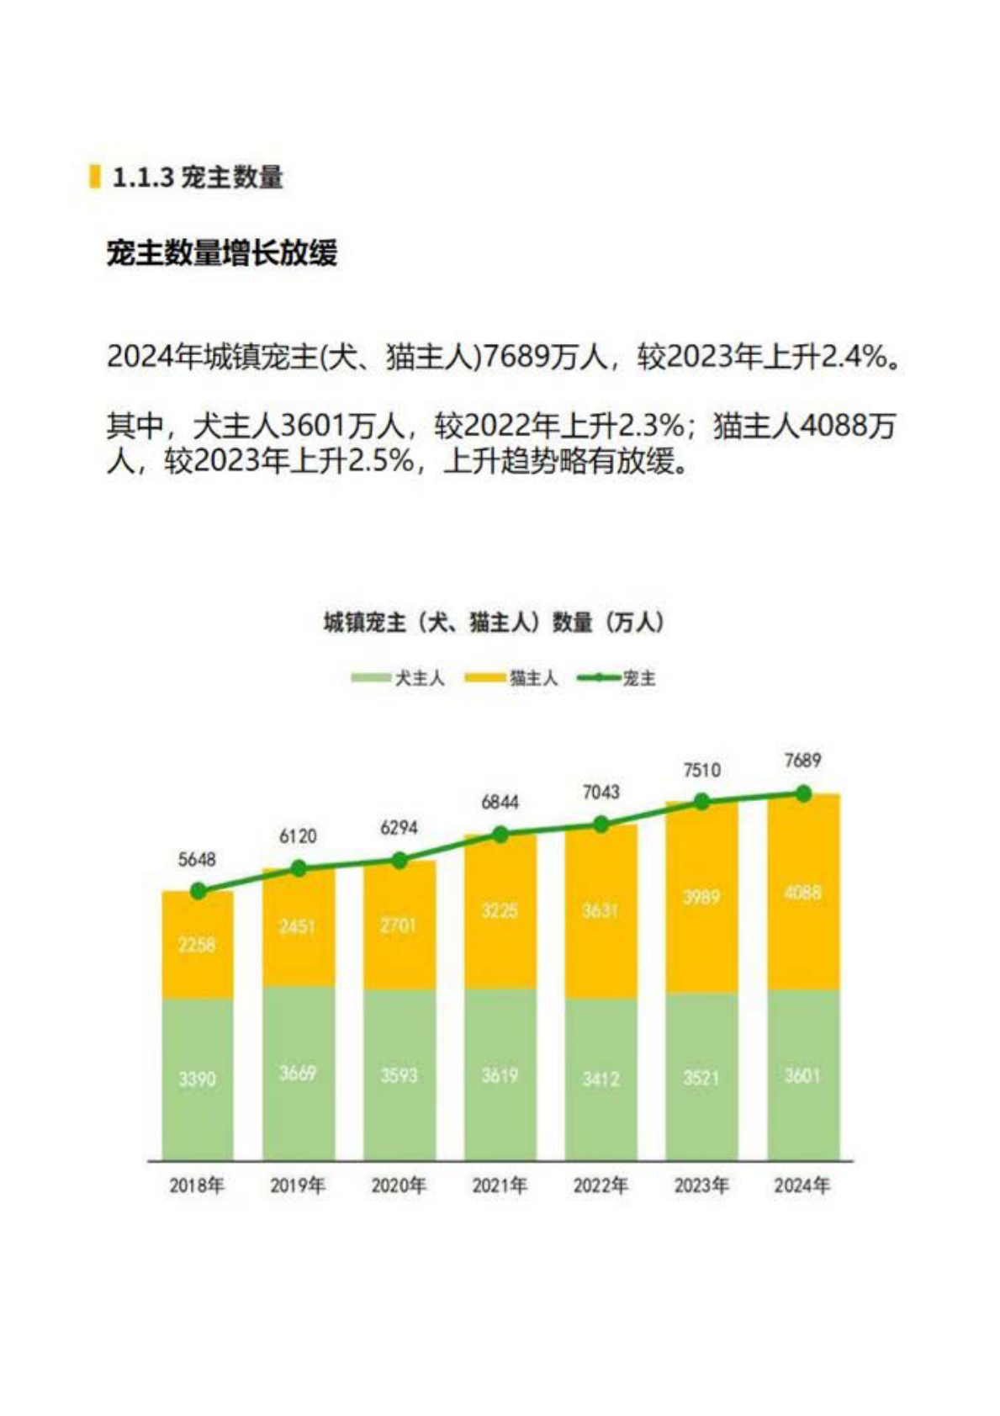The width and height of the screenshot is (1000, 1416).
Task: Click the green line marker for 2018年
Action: pos(198,891)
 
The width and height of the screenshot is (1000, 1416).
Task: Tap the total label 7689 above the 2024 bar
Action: pos(802,761)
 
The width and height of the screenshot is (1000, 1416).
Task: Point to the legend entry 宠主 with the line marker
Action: pos(618,678)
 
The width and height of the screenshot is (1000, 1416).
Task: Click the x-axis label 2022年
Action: pos(601,1185)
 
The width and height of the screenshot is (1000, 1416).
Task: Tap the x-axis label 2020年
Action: pos(399,1185)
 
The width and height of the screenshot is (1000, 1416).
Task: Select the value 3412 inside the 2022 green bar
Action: pos(601,1079)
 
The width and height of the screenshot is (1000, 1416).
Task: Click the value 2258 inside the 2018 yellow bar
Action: pos(197,945)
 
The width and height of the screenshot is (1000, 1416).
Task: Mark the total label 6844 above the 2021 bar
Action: pos(500,803)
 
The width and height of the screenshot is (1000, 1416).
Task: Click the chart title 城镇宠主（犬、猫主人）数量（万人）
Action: pos(494,623)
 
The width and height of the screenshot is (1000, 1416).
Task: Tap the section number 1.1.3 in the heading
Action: pos(142,178)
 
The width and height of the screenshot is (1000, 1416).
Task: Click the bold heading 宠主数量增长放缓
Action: pos(222,252)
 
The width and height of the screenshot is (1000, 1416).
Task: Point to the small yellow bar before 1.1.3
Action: pos(95,177)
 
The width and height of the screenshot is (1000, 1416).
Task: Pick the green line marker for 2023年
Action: pos(701,803)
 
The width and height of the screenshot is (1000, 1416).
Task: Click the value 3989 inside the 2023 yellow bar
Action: pos(701,897)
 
